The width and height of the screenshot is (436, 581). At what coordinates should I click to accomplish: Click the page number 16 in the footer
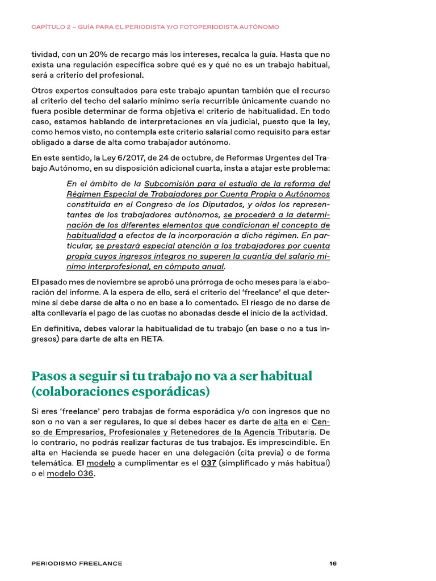point(333,563)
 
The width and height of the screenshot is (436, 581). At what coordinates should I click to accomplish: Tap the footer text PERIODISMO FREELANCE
point(77,563)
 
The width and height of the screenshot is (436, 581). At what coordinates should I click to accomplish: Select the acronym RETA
point(153,339)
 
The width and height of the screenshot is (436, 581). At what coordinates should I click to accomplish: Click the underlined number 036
point(83,474)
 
